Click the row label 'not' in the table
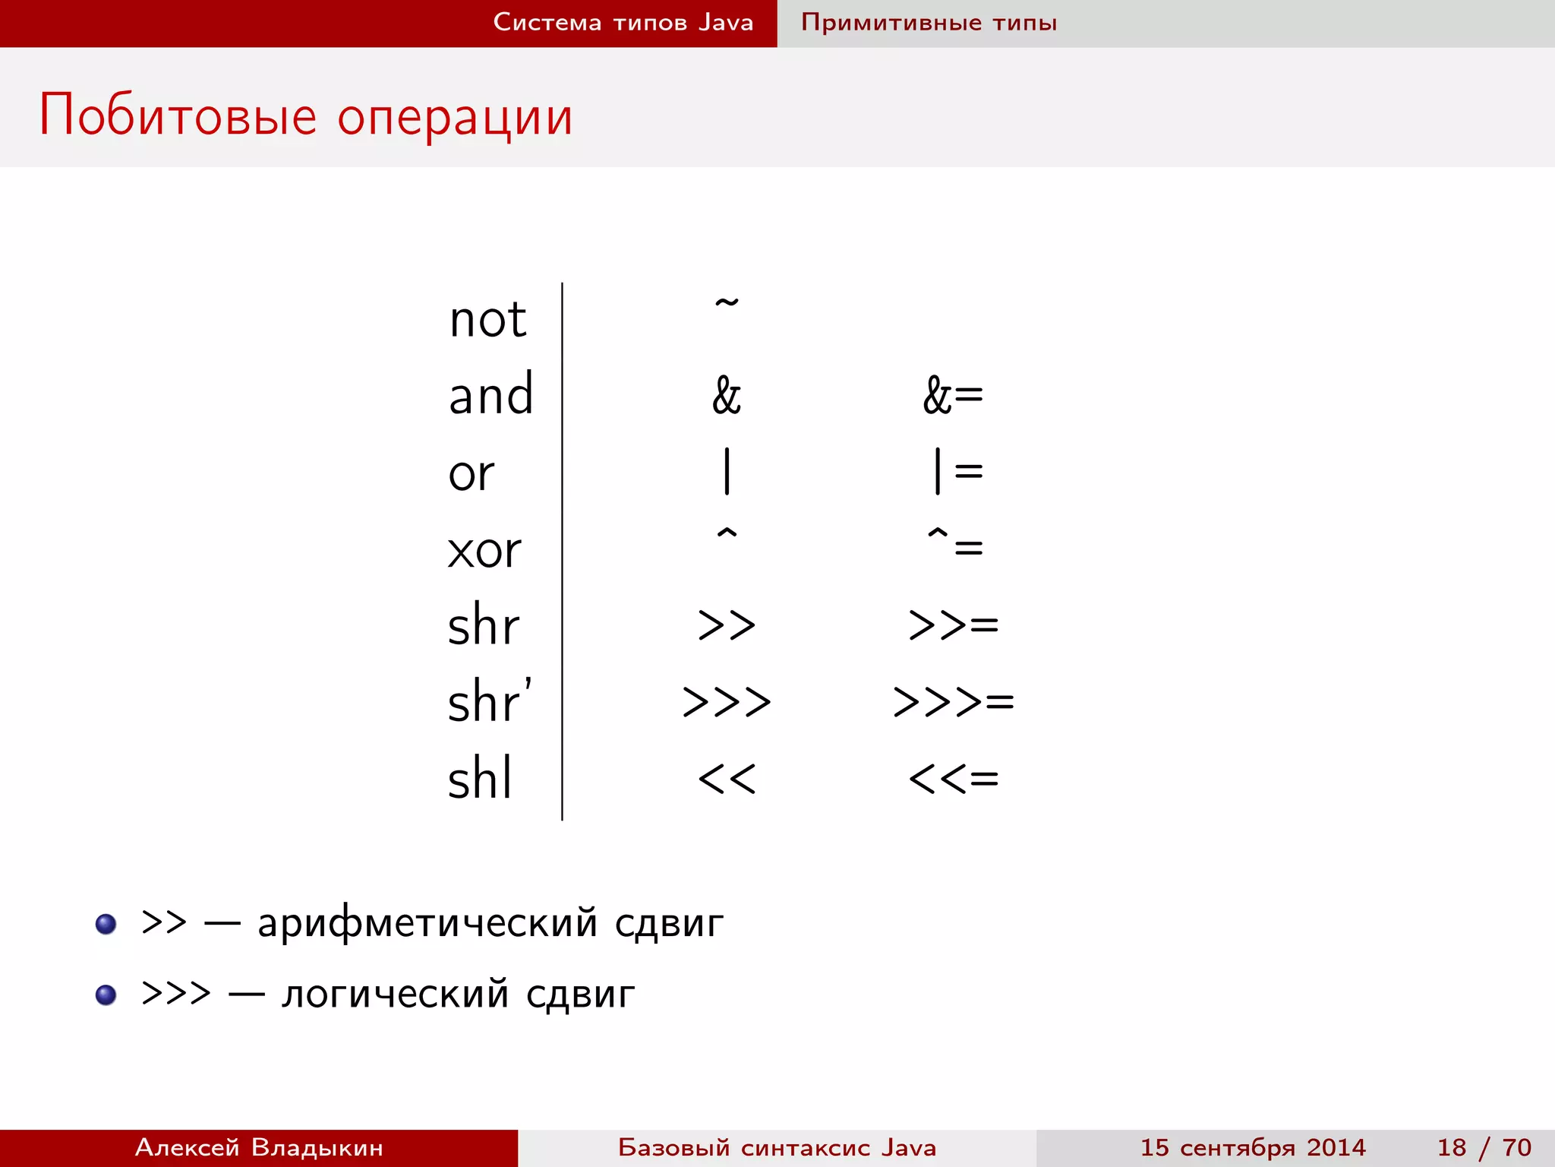487,320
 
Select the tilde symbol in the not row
727,304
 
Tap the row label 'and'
490,395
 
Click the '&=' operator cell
953,396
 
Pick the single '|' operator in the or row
727,471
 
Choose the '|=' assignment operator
957,471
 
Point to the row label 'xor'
484,550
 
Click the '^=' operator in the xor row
954,542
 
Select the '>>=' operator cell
953,625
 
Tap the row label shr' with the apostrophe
490,701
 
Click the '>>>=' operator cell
953,701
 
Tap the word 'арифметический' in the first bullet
427,924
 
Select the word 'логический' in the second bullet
394,995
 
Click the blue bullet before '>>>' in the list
106,995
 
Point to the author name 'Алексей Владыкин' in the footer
259,1147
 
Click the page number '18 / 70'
1484,1147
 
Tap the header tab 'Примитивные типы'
929,23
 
